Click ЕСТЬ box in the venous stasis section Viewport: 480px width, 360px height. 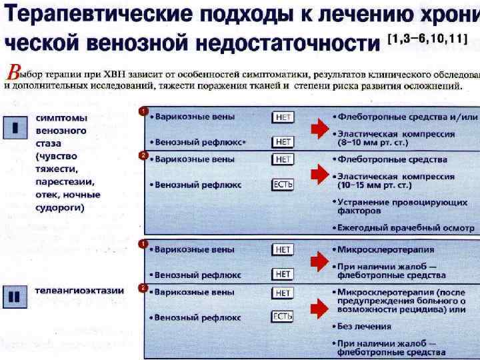pyautogui.click(x=283, y=185)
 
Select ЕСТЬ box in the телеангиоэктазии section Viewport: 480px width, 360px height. pyautogui.click(x=283, y=317)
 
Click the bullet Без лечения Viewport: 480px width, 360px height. pyautogui.click(x=364, y=327)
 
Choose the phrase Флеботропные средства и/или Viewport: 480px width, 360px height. pyautogui.click(x=407, y=117)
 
